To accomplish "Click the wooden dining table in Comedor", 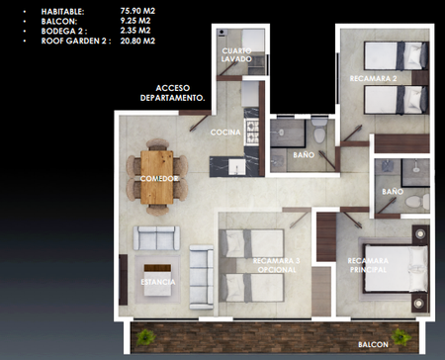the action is point(157,177).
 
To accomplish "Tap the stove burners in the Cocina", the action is point(252,133).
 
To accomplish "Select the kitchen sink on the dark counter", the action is point(237,167).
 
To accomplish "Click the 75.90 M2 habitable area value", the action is point(137,11).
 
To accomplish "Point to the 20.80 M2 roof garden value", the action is point(137,41).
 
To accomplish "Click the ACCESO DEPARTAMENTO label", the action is point(173,93).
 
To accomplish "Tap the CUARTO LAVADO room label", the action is point(236,55).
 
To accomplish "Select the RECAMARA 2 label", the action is point(373,78).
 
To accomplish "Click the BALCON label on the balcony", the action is point(373,344).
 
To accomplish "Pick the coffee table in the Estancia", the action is point(157,280).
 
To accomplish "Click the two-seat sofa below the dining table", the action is point(156,238).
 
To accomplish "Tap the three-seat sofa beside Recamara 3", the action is point(201,277).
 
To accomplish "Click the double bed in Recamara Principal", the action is point(396,268).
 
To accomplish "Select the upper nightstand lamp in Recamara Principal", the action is point(420,233).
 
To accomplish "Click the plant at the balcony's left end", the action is point(145,337).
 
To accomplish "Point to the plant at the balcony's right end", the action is point(400,337).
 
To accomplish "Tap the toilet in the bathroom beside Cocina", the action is point(319,131).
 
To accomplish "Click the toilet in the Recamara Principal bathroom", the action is point(417,201).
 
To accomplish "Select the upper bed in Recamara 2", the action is point(397,55).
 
